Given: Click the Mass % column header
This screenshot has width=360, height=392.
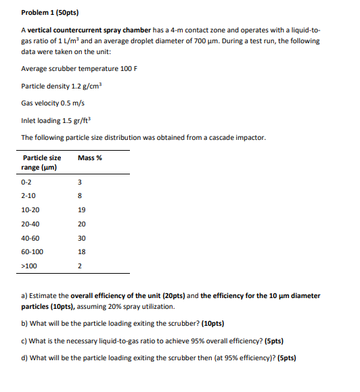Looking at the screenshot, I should coord(89,157).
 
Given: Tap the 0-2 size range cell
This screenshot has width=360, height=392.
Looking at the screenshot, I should coord(27,181).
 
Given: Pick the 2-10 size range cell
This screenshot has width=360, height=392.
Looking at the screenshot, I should coord(28,195).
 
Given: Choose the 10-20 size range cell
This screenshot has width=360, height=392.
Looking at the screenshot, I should coord(30,210).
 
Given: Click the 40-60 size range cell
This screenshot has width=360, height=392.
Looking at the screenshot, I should coord(30,238).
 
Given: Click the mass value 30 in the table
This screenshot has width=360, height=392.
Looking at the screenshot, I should coord(82,238).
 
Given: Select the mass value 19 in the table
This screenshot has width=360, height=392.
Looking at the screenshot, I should coord(82,210).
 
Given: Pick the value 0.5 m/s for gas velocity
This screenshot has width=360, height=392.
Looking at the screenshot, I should coord(74,103).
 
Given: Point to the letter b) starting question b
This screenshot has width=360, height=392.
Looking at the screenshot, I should coord(24,324).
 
